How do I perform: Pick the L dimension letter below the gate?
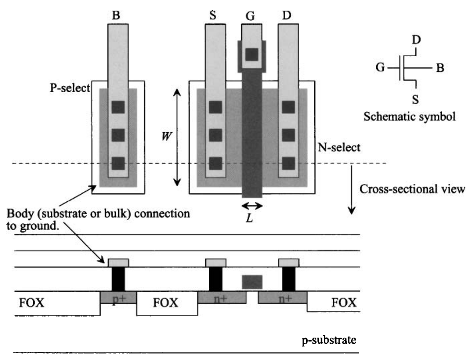pyautogui.click(x=252, y=220)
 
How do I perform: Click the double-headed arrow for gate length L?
pyautogui.click(x=252, y=205)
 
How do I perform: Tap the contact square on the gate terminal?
pyautogui.click(x=252, y=54)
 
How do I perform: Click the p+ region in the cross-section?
pyautogui.click(x=118, y=298)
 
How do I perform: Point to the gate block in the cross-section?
pyautogui.click(x=252, y=282)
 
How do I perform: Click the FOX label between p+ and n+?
pyautogui.click(x=165, y=302)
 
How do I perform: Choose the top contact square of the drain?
pyautogui.click(x=288, y=107)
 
